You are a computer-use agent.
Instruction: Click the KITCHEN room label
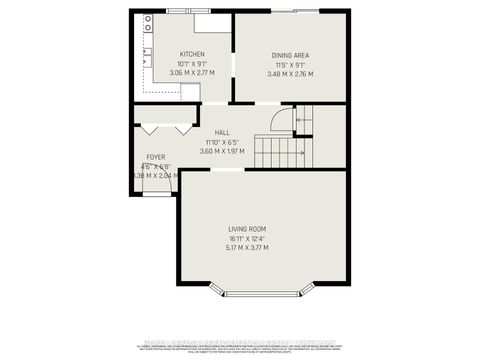[192, 54]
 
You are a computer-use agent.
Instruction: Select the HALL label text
[222, 132]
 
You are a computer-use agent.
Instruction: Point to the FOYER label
[156, 157]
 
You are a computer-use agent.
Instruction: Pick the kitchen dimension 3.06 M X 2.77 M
[192, 73]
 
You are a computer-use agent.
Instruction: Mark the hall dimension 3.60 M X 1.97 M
[222, 150]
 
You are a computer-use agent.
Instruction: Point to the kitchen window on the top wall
[181, 12]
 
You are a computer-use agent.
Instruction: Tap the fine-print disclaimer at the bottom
[240, 345]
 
